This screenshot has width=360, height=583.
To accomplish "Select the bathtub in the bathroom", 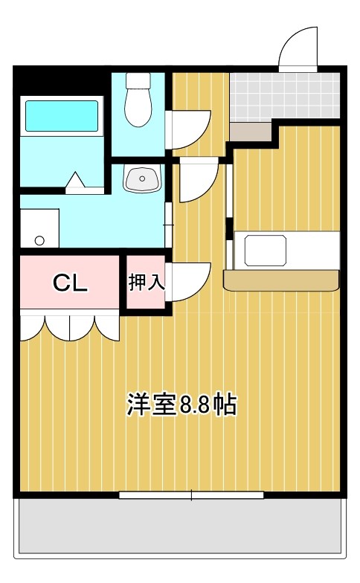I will point(62,116).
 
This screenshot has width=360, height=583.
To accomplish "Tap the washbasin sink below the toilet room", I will point(141,179).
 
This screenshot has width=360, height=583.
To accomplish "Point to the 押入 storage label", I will point(146,282).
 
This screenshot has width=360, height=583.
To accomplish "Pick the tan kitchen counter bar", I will point(281,280).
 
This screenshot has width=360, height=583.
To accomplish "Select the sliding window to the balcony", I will point(191,495).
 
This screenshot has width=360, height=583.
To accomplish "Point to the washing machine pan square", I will point(39,228).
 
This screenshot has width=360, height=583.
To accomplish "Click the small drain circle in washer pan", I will point(39,240).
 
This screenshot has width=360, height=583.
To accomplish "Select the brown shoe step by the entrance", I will point(251,132).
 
